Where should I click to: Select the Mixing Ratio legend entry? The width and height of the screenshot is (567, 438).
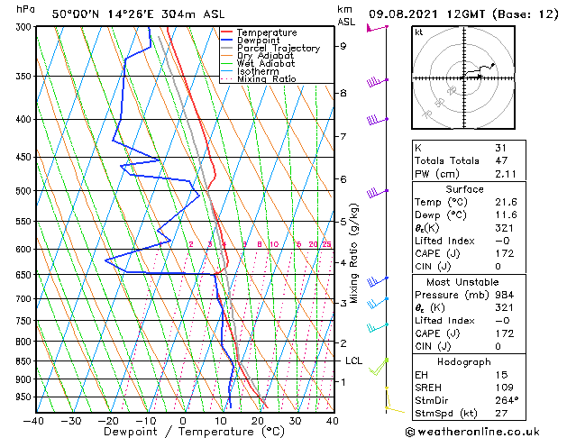tap(267, 79)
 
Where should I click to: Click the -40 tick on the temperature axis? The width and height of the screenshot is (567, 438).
tap(34, 421)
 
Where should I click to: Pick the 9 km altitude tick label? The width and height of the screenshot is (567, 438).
tap(343, 46)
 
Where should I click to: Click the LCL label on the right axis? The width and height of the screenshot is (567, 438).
tap(354, 360)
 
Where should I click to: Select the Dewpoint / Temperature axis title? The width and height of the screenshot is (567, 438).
tap(183, 433)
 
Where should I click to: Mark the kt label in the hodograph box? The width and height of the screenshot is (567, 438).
tap(419, 32)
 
